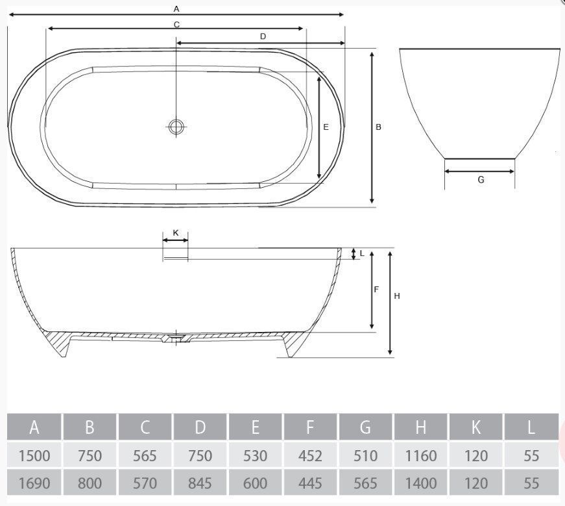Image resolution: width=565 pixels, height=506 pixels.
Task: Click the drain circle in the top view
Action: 176,127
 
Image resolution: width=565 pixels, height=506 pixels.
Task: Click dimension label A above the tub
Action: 176,9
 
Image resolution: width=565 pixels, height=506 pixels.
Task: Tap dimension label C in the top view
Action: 176,25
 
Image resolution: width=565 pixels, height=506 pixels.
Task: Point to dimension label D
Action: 263,36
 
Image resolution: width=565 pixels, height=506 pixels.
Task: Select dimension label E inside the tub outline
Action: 326,127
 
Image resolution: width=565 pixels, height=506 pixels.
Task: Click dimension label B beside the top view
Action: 378,127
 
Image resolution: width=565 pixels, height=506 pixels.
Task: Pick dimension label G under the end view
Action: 481,180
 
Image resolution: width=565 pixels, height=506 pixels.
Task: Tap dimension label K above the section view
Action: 176,233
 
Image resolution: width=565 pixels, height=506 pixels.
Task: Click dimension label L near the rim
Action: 362,253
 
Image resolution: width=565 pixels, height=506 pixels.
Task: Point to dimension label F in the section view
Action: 376,290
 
